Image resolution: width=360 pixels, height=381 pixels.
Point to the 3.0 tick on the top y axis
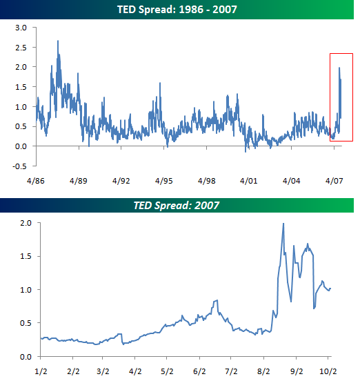click(x=21, y=27)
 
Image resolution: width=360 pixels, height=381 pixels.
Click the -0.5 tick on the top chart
click(x=20, y=166)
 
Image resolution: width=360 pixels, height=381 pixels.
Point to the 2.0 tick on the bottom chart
click(x=25, y=223)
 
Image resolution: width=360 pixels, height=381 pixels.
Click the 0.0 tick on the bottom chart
click(x=25, y=357)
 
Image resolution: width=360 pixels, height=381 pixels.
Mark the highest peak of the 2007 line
click(x=283, y=224)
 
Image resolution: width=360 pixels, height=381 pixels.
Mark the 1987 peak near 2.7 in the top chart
click(x=58, y=41)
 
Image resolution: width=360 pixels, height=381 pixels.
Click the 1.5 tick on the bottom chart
click(x=25, y=256)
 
